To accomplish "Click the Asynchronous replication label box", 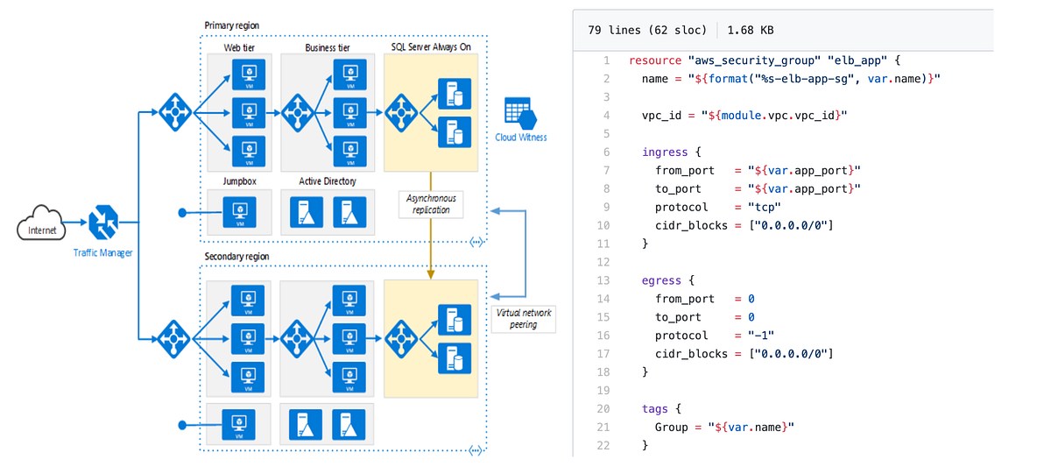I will (x=430, y=204).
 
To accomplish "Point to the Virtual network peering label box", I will (x=524, y=318).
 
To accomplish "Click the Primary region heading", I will (x=231, y=25).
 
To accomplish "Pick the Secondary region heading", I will (x=236, y=257).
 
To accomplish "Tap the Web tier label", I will (x=238, y=46).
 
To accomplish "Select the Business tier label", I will (x=328, y=46).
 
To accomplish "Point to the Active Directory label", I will (x=327, y=181).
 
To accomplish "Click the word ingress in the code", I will (x=665, y=152).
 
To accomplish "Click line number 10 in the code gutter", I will (x=603, y=225).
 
